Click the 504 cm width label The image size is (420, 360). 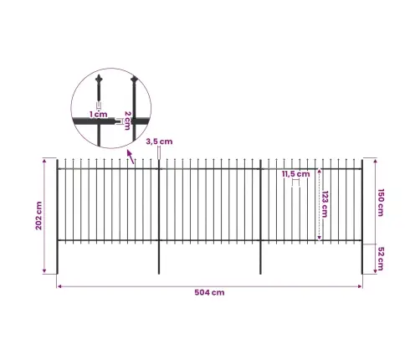[209, 292]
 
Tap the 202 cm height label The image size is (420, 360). [38, 216]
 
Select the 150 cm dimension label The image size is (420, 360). [381, 203]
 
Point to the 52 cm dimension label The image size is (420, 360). [381, 259]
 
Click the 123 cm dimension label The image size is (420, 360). [325, 204]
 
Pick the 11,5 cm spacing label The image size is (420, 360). [295, 174]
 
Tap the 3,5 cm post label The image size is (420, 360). [159, 141]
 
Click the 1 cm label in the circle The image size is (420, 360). [99, 114]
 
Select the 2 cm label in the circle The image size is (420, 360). [127, 121]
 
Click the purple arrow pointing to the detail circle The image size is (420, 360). [131, 157]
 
